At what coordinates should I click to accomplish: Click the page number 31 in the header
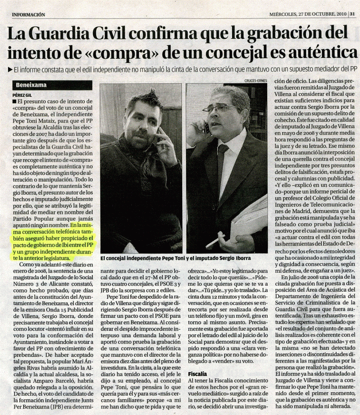352,14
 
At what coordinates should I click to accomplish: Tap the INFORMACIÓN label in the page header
28,15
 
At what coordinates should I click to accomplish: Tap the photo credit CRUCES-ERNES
256,81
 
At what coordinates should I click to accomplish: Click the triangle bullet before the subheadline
10,69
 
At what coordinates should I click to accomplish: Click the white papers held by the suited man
249,219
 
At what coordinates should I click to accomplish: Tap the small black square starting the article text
15,101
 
